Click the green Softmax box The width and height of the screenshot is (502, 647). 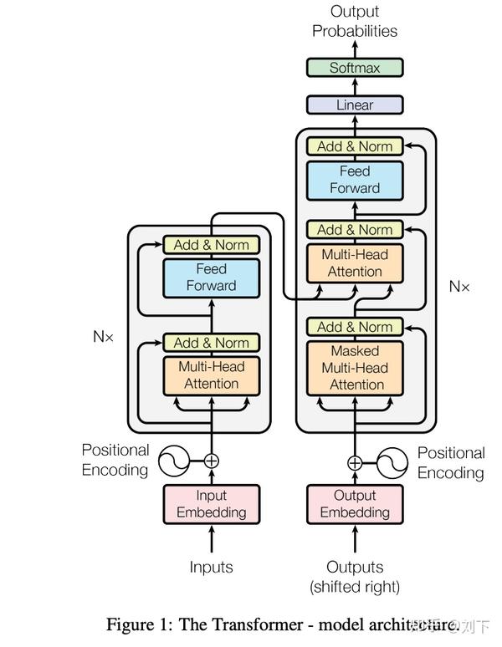(355, 68)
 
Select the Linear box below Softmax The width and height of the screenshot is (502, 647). (355, 105)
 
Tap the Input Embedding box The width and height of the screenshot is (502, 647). (212, 503)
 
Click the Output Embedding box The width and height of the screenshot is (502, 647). (355, 503)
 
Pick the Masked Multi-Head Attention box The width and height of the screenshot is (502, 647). (355, 368)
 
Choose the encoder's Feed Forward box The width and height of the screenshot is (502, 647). (212, 278)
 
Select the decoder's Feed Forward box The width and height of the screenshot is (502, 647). (355, 180)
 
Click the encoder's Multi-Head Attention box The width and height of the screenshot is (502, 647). (212, 375)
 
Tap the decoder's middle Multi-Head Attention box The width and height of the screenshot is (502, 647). (355, 263)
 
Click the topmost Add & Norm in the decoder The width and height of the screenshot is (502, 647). (355, 146)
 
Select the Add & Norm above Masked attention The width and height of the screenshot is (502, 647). (355, 327)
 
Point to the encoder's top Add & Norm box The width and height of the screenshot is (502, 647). (212, 245)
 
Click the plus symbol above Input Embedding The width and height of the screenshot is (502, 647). (212, 460)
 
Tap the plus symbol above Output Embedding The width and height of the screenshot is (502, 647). (355, 462)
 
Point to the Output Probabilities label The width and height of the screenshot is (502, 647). (355, 22)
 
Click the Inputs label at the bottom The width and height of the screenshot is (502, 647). (212, 567)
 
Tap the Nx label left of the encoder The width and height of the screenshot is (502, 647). (103, 338)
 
